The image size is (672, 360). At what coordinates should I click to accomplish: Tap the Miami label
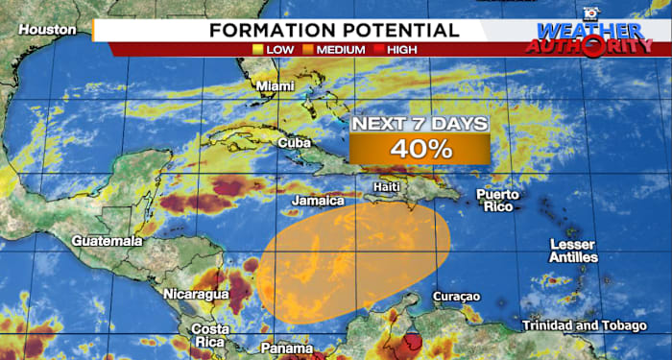[x=273, y=86]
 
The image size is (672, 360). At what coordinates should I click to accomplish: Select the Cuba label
[x=293, y=142]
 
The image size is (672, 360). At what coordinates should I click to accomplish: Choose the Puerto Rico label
[x=497, y=200]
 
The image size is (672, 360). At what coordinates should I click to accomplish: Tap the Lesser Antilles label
[x=573, y=251]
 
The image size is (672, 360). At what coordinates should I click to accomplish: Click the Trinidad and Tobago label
[x=585, y=325]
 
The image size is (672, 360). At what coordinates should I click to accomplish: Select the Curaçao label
[x=456, y=296]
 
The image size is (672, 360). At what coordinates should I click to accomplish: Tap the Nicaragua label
[x=196, y=293]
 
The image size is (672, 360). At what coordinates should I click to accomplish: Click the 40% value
[x=420, y=149]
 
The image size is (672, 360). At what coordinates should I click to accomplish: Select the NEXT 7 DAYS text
[x=420, y=124]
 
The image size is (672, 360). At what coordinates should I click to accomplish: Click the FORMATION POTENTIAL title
[x=335, y=30]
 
